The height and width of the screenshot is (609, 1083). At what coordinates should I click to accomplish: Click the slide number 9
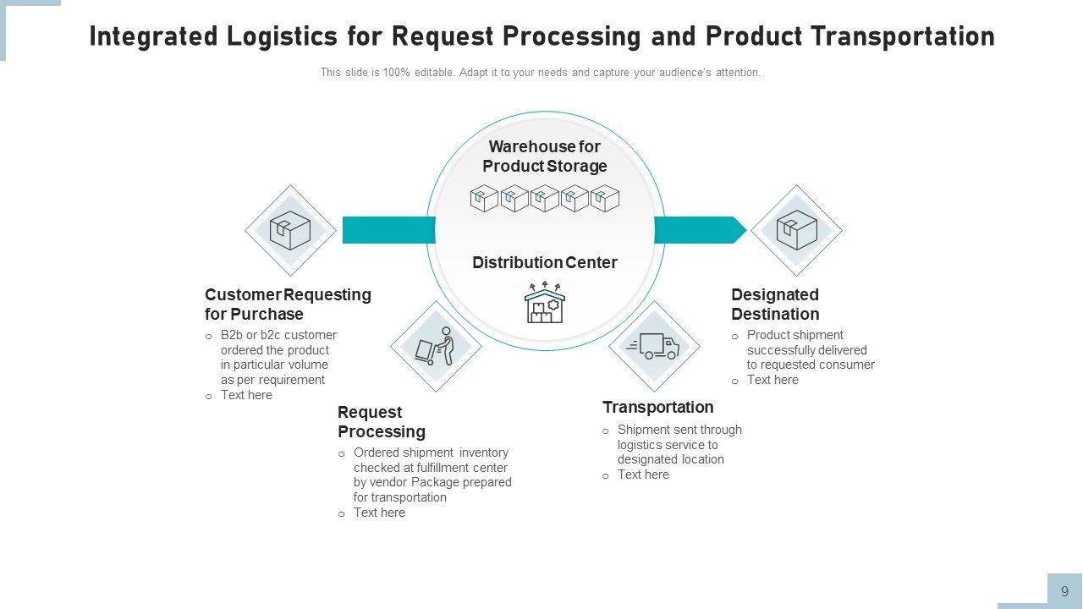click(x=1064, y=591)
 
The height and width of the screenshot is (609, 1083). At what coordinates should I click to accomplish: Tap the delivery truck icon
click(x=654, y=346)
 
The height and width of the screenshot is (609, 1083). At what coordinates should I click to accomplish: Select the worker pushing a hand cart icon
click(x=436, y=346)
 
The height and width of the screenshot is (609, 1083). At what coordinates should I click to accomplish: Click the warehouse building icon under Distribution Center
click(x=544, y=304)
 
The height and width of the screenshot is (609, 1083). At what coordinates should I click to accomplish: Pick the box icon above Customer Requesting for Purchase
click(x=290, y=230)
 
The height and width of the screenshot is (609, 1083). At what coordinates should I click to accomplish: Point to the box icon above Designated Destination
click(x=796, y=230)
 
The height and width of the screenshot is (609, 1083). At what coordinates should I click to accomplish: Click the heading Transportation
click(x=657, y=407)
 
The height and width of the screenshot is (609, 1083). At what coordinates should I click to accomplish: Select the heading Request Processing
click(x=381, y=422)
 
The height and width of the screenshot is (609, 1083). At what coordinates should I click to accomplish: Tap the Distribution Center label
click(x=544, y=262)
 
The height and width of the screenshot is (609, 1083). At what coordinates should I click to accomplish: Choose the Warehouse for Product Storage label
click(x=544, y=156)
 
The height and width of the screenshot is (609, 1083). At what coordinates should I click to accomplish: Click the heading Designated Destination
click(x=775, y=304)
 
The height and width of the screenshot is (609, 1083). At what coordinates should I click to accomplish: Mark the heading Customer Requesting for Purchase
click(x=288, y=304)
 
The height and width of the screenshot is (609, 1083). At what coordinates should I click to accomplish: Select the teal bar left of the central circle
click(x=388, y=230)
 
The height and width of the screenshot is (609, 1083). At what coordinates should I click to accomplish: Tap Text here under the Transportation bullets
click(x=643, y=475)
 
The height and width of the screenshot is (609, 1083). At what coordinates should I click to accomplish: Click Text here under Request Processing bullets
click(x=379, y=513)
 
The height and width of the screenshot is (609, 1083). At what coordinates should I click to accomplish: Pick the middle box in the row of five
click(x=544, y=199)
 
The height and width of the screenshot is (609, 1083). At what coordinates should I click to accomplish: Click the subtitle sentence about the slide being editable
click(x=540, y=73)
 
